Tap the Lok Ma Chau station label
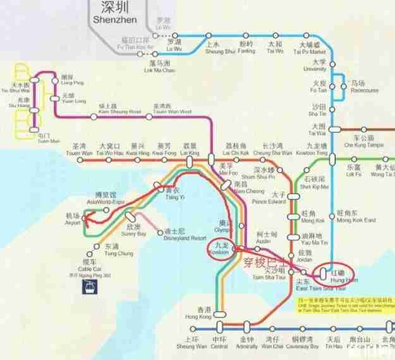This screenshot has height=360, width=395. coord(158,67)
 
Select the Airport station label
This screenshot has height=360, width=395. coord(73,220)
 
